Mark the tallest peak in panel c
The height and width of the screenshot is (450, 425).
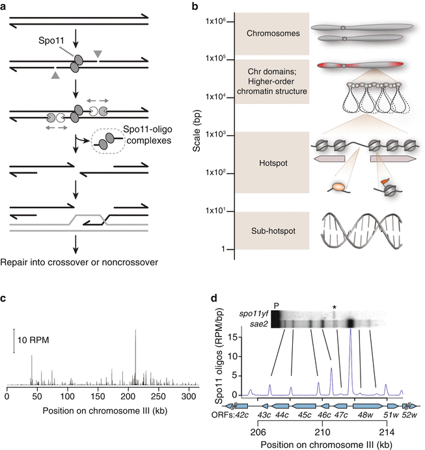pos(135,332)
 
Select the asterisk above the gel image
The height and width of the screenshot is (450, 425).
pos(334,306)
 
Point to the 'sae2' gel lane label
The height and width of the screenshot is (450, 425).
pos(258,323)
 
